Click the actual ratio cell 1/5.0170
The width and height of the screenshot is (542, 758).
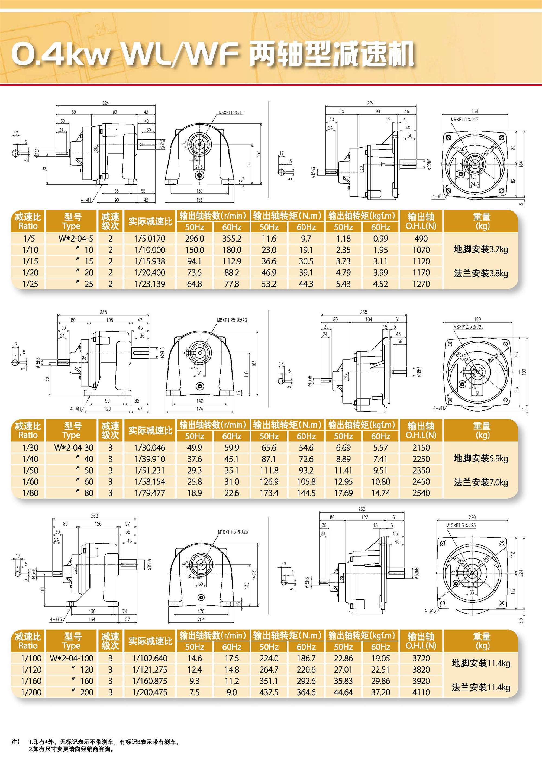(x=150, y=239)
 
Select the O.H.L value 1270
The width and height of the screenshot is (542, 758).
(x=421, y=284)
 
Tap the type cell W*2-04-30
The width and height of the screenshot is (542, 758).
(x=73, y=448)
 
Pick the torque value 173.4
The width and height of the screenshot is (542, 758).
(x=269, y=493)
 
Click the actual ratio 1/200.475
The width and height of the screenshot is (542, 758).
(x=150, y=692)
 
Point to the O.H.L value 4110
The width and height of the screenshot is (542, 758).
(x=421, y=692)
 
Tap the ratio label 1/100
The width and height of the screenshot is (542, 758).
(x=31, y=658)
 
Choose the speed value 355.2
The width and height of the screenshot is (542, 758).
(x=232, y=239)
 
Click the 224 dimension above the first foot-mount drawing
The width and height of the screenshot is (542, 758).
(x=105, y=103)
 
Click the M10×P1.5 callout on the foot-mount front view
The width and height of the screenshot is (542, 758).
(x=233, y=532)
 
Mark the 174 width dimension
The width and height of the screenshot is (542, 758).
(x=199, y=409)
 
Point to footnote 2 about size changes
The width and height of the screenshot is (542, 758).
(x=72, y=749)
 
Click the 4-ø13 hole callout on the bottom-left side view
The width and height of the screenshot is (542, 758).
(x=56, y=619)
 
